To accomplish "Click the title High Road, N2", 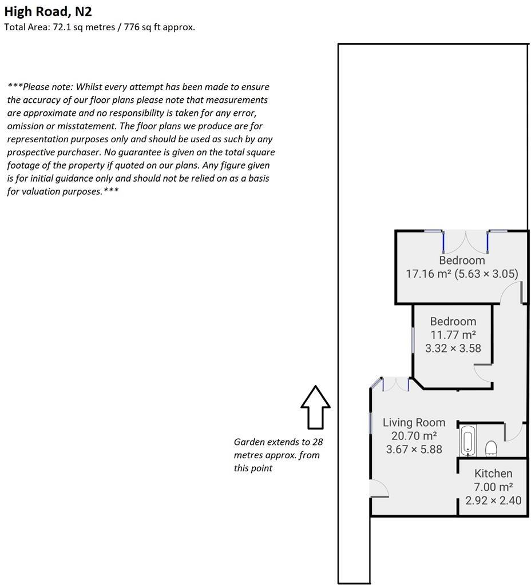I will pyautogui.click(x=48, y=11).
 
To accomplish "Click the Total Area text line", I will pyautogui.click(x=100, y=27).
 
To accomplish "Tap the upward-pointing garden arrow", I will pyautogui.click(x=315, y=407).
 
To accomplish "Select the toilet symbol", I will pyautogui.click(x=491, y=449).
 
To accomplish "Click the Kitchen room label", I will pyautogui.click(x=493, y=474).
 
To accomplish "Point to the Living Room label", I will pyautogui.click(x=414, y=423).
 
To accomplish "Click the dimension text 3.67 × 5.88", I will pyautogui.click(x=414, y=450).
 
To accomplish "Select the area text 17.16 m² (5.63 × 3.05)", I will pyautogui.click(x=462, y=274).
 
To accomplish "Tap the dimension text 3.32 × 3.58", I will pyautogui.click(x=453, y=348).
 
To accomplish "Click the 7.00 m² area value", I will pyautogui.click(x=493, y=487).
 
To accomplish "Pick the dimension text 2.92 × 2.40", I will pyautogui.click(x=493, y=500).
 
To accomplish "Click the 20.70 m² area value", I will pyautogui.click(x=414, y=436).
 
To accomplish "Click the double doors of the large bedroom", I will pyautogui.click(x=465, y=241).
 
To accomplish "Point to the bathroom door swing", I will pyautogui.click(x=515, y=432).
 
